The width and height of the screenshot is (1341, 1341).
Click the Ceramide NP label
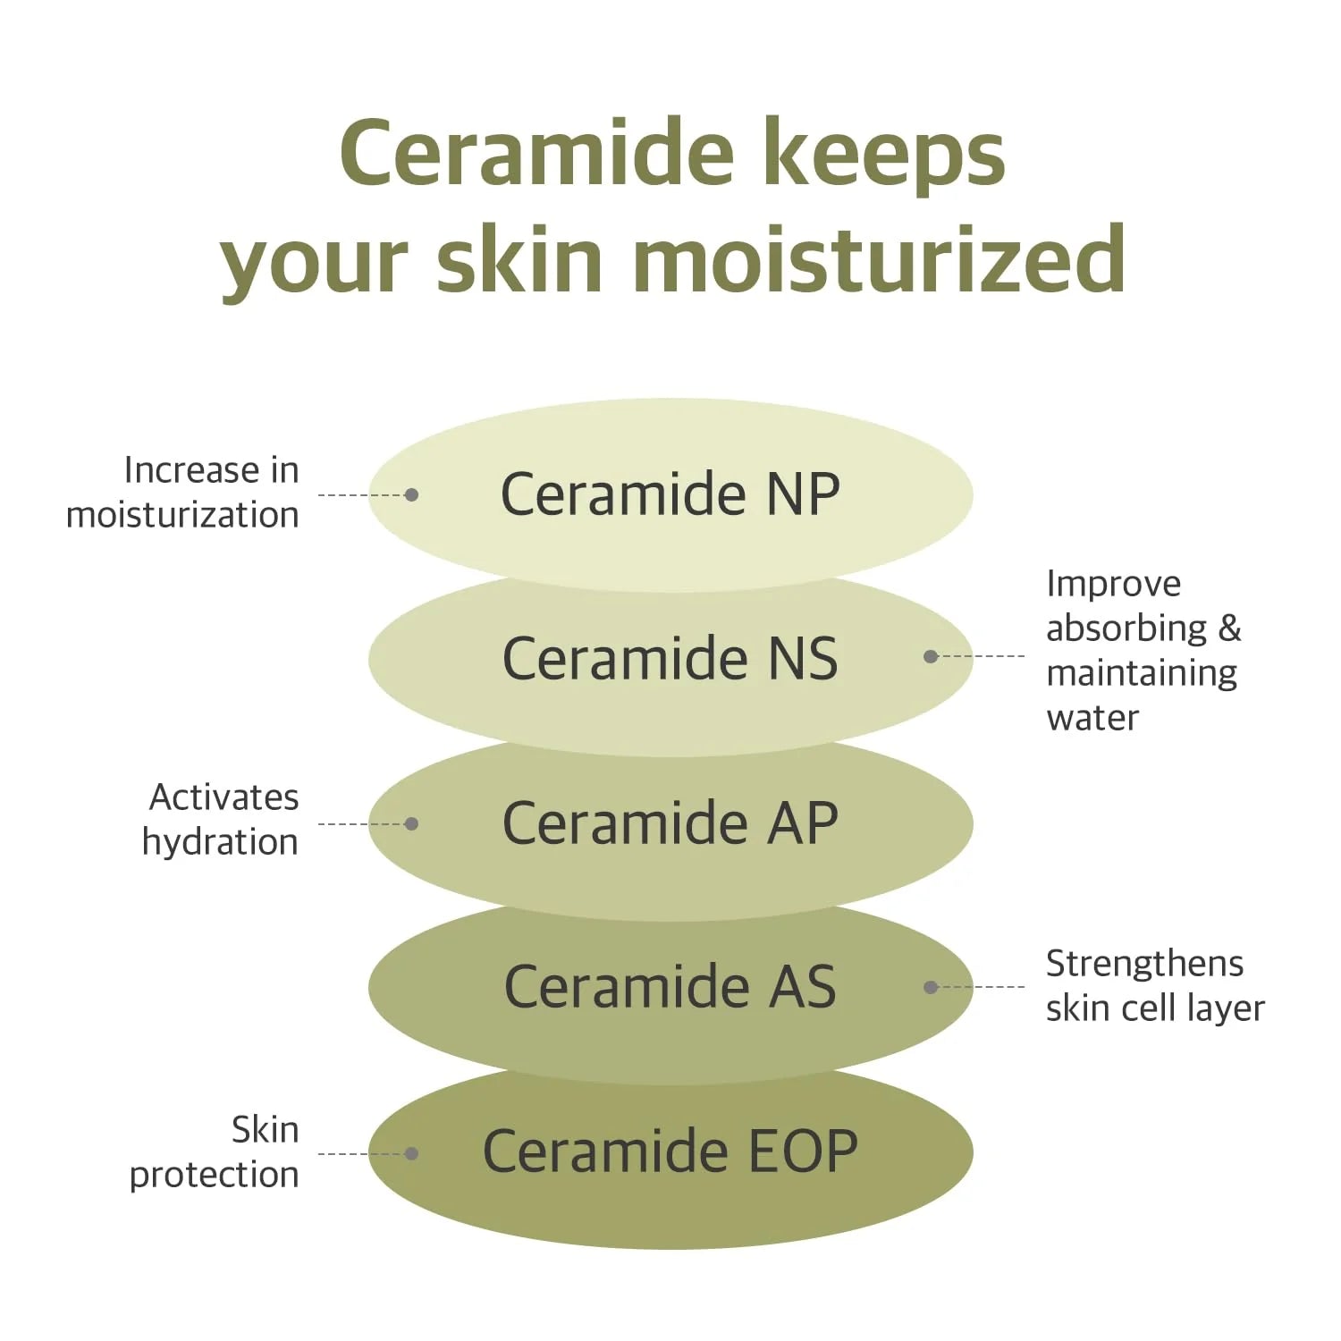click(x=670, y=493)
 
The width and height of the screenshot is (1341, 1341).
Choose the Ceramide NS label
click(x=670, y=658)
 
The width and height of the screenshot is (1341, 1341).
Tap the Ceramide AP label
click(x=670, y=822)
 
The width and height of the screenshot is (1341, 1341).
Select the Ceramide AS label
click(x=670, y=986)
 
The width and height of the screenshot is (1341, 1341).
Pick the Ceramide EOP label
click(x=670, y=1151)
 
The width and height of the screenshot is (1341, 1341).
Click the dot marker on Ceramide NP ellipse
click(x=411, y=494)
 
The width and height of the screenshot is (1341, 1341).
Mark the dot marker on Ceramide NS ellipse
click(x=931, y=656)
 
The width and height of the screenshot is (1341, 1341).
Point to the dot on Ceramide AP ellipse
click(x=411, y=823)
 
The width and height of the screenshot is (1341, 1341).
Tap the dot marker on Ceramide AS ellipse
click(x=931, y=987)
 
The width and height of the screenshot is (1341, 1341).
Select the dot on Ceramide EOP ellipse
click(x=411, y=1153)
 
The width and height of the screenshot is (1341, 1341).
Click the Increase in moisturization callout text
click(x=183, y=493)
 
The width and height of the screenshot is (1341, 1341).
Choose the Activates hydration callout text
click(x=221, y=819)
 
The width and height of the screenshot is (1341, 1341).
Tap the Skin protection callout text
click(x=215, y=1152)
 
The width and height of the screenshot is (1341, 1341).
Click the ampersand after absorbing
click(x=1230, y=628)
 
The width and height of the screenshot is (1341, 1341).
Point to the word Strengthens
click(x=1144, y=964)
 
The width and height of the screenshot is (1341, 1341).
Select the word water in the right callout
click(x=1092, y=718)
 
